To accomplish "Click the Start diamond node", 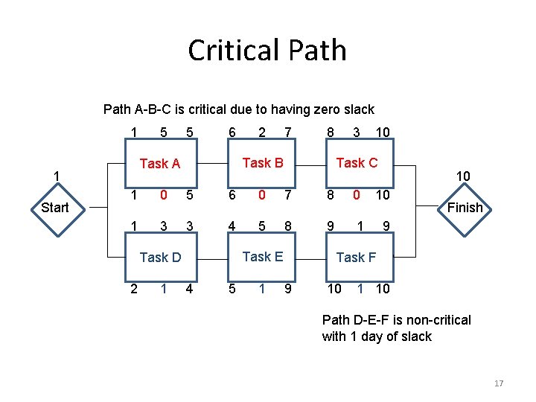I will pos(54,208).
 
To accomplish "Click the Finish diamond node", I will pos(465,208).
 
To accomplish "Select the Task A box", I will pos(160,164).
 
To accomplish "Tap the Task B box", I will pos(262,163).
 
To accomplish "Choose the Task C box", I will pos(357,163).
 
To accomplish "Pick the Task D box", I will pos(160,258).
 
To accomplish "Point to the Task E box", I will pos(262,257).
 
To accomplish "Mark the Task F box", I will pos(356,258).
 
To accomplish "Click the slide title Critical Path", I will pos(267,51).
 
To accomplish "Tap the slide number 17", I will pos(499,383).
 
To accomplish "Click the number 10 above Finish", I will pos(463,176).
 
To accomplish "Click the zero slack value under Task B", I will pos(261,195).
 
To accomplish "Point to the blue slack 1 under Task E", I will pos(261,289).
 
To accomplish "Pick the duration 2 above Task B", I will pos(261,133).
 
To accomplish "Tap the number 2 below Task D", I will pos(134,289).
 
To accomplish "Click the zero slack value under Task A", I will pos(162,195).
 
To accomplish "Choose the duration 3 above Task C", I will pos(357,133).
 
